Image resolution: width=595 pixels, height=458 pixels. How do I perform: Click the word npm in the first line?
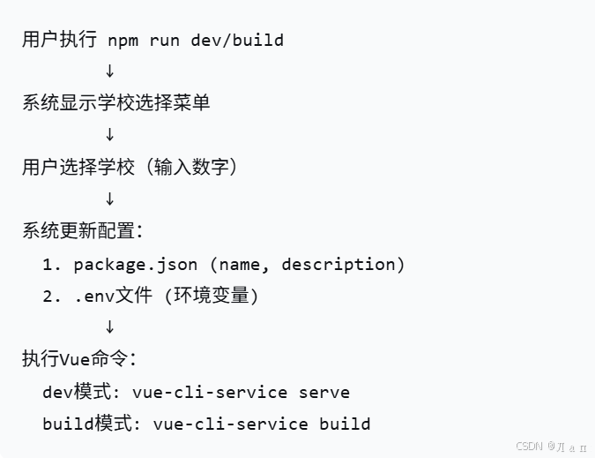[123, 40]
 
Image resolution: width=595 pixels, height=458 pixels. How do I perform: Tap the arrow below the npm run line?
[109, 71]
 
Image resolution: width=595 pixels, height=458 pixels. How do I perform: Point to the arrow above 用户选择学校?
[109, 135]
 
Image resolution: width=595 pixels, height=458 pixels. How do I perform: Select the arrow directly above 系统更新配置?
[109, 199]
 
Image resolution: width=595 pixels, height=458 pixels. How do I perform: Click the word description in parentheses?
[343, 264]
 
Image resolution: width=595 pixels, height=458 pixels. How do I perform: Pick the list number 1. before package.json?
[52, 264]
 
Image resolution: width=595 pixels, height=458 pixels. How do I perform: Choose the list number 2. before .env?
[52, 296]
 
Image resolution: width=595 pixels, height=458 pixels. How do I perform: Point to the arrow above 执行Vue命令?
[109, 327]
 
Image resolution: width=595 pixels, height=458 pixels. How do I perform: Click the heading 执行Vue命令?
[78, 359]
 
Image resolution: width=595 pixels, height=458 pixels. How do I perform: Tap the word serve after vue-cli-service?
[324, 392]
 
